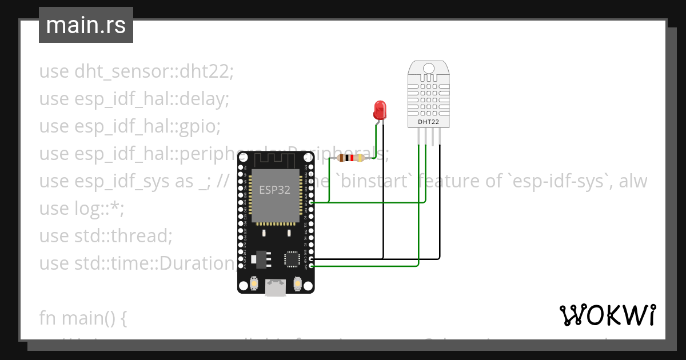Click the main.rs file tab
coord(86,25)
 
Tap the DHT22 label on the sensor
coord(428,121)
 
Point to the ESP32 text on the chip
coord(274,190)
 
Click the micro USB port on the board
coord(276,287)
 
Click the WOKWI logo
coord(607,315)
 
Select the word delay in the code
coord(204,99)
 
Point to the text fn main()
coord(83,318)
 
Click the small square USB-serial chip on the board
coord(293,258)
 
